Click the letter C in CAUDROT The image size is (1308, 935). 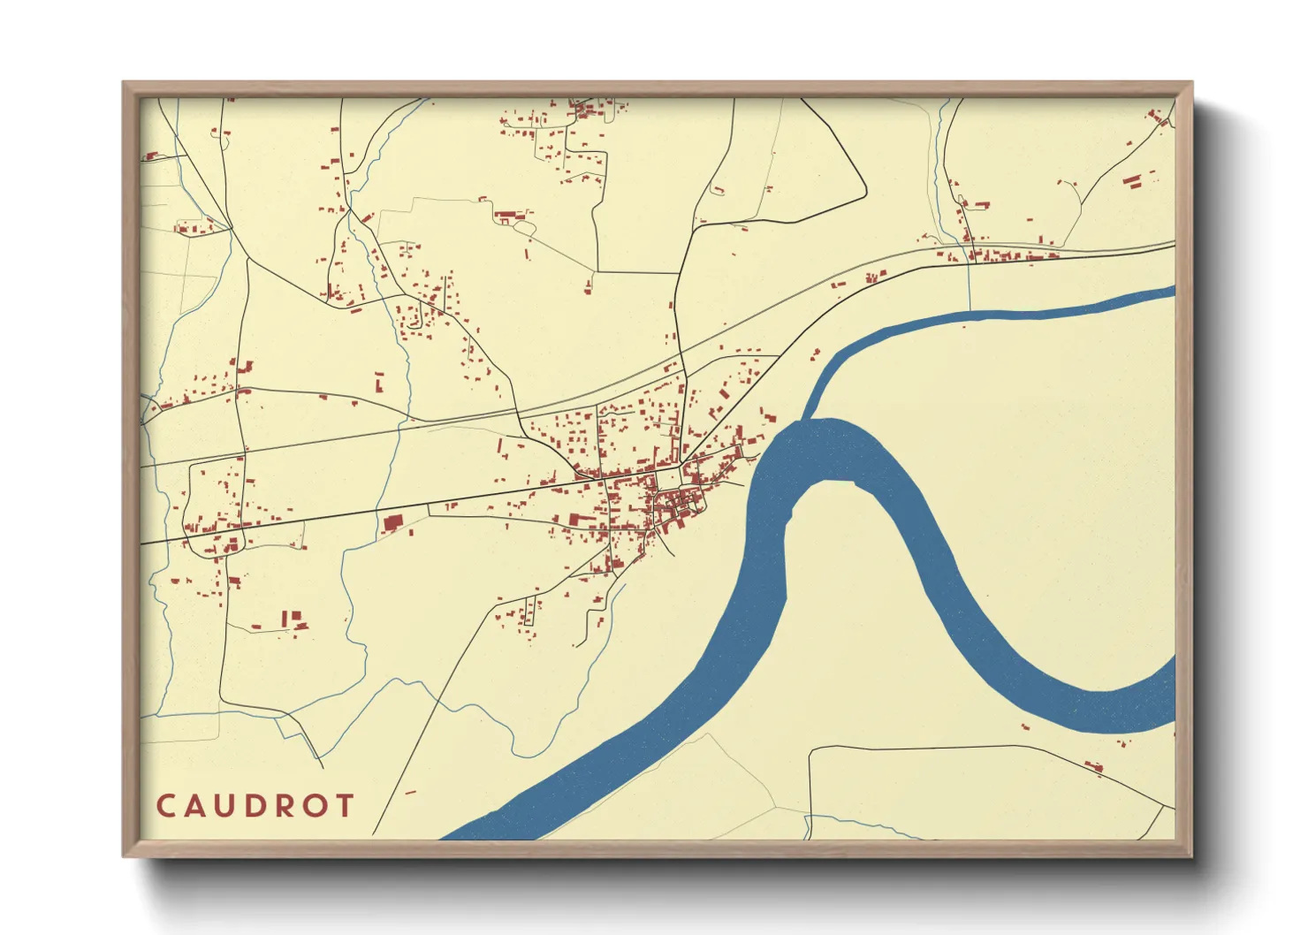pos(165,805)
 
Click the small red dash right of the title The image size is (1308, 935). pos(410,793)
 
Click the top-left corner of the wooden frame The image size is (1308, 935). pos(124,83)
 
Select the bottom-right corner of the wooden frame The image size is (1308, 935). pos(1191,856)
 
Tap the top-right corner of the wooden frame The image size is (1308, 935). pos(1191,83)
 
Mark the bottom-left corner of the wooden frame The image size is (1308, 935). pos(124,856)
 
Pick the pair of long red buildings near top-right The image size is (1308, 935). pos(1132,181)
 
